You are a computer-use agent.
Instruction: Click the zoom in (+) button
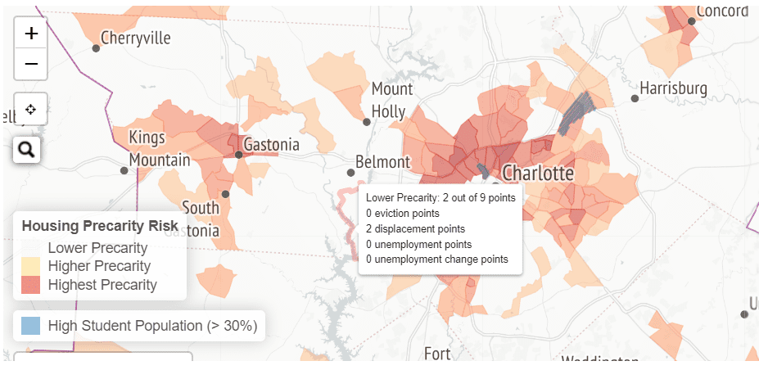31,34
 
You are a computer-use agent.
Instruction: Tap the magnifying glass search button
26,149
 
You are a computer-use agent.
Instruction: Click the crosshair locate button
31,109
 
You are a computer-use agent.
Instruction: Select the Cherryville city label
136,38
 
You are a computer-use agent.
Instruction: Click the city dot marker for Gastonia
238,154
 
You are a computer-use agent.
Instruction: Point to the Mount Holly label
392,99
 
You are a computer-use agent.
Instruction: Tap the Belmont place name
382,161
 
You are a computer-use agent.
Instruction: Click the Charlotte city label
538,173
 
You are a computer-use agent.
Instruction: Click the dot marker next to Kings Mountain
124,170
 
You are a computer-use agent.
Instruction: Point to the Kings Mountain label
160,148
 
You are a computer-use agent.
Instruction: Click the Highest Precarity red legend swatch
30,285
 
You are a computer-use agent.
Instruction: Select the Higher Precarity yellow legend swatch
30,266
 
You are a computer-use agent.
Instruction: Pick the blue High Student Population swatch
30,326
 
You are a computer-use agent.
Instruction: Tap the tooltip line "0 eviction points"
403,213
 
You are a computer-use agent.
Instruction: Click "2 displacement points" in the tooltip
415,228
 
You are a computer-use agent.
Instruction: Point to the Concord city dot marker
692,21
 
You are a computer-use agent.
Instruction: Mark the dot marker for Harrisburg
635,98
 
